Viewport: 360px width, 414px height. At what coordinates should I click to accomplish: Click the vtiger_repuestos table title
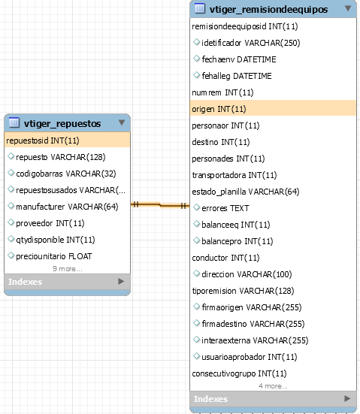click(x=62, y=123)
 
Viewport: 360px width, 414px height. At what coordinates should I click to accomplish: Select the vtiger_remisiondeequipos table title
click(x=268, y=10)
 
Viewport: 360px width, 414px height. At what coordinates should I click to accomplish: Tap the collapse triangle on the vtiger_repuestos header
click(x=122, y=122)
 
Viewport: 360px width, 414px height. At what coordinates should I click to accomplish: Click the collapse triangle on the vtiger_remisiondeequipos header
click(x=348, y=8)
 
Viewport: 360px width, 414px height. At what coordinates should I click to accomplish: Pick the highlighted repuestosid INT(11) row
click(x=68, y=141)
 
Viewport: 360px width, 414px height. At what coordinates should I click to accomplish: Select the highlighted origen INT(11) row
click(x=273, y=109)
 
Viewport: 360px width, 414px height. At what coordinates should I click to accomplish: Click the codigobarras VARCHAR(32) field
click(x=66, y=174)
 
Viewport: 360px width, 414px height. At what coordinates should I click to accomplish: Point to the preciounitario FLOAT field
click(x=54, y=256)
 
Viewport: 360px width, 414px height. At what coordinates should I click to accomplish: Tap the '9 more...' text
click(x=68, y=269)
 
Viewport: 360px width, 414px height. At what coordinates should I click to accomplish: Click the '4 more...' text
click(x=273, y=386)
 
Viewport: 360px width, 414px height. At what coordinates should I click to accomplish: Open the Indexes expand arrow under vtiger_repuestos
click(x=121, y=282)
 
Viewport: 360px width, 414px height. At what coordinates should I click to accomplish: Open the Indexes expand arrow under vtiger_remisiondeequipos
click(x=347, y=398)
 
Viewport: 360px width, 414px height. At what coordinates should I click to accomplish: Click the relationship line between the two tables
click(x=160, y=205)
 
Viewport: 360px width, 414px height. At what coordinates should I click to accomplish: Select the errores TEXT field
click(x=225, y=208)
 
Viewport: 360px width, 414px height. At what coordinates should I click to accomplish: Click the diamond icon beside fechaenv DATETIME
click(x=196, y=59)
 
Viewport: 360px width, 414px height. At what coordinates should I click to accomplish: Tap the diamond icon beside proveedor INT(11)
click(x=11, y=222)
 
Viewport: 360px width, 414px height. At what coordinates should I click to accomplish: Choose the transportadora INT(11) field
click(x=234, y=175)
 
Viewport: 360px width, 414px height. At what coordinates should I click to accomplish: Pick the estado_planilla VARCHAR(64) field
click(x=246, y=192)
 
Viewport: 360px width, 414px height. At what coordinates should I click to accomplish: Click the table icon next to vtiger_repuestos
click(x=14, y=122)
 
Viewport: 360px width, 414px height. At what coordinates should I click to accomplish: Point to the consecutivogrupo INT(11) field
click(x=239, y=373)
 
